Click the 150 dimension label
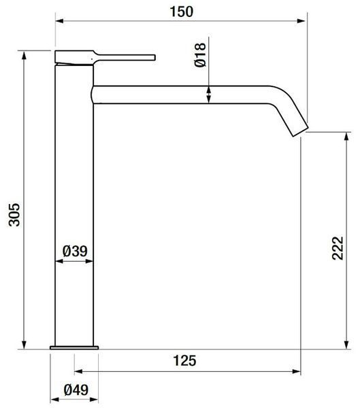pos(181,12)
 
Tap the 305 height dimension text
pos(14,215)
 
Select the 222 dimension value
pos(338,248)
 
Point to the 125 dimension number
pos(184,360)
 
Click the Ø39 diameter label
pos(75,252)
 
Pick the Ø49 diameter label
pos(76,390)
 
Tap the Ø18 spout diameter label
pos(200,55)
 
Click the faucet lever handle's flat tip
pos(154,58)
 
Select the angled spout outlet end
pos(300,132)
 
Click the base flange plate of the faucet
pos(74,347)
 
